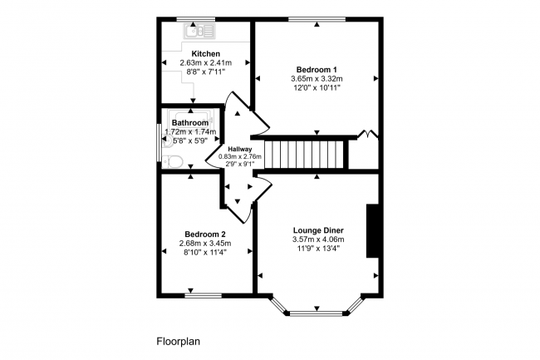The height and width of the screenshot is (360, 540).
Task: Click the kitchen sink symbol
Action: click(x=200, y=32)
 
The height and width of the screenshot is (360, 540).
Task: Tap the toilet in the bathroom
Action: click(x=172, y=160)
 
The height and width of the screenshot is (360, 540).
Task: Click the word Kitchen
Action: click(x=206, y=53)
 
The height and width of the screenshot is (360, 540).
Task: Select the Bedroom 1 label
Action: click(x=317, y=69)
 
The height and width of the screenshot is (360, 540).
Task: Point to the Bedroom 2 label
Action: click(x=204, y=234)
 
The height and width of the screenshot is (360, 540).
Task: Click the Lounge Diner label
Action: click(x=318, y=230)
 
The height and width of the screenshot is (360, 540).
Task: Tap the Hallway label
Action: click(x=240, y=150)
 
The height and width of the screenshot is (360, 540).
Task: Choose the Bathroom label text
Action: click(x=189, y=122)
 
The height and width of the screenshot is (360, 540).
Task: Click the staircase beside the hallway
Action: click(x=310, y=154)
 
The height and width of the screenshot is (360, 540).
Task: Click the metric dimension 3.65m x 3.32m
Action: click(x=317, y=79)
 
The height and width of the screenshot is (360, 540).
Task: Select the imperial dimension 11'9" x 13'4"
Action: click(x=318, y=249)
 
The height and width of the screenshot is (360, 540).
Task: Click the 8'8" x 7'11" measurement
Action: click(x=206, y=72)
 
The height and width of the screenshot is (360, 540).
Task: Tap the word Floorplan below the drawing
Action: click(x=178, y=341)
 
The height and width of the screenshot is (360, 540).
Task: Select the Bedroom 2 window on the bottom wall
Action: click(x=203, y=294)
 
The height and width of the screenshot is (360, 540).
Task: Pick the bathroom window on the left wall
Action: click(x=160, y=140)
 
